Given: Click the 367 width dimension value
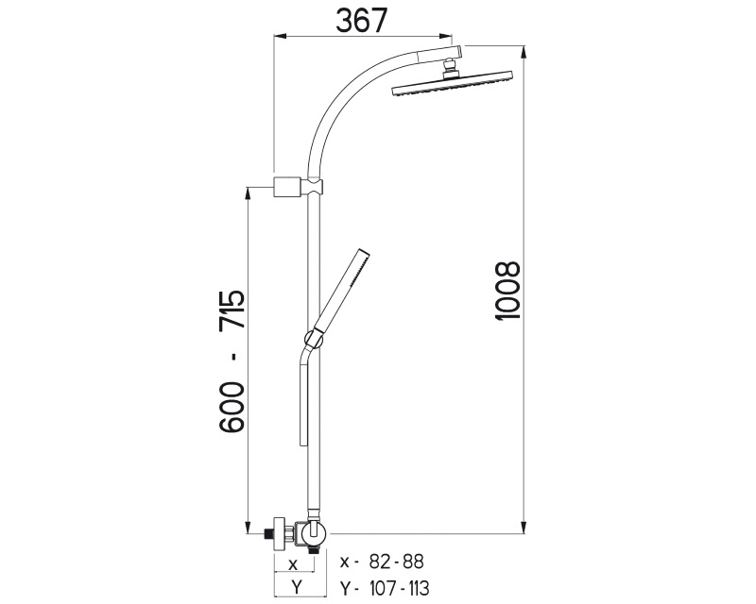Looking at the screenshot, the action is (362, 21).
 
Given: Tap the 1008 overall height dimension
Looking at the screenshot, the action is (507, 291).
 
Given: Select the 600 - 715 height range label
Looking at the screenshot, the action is (232, 361).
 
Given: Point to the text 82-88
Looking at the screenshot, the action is (396, 562).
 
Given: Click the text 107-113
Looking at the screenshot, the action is (399, 588).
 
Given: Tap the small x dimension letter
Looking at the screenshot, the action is (293, 564).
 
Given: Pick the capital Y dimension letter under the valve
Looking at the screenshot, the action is (297, 587).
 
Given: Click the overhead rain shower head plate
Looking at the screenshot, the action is (452, 84).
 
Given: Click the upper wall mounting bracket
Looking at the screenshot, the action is (288, 187).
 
